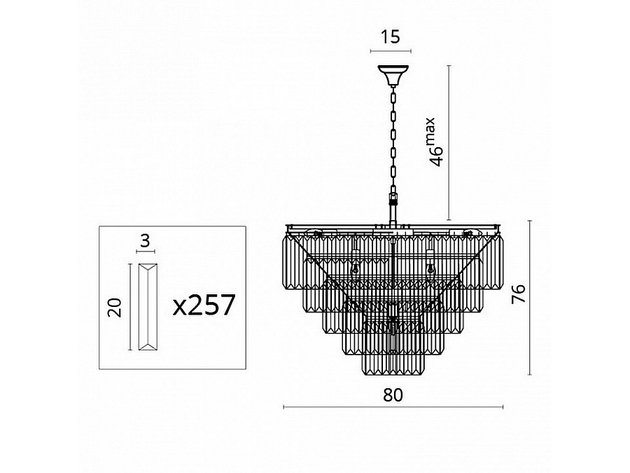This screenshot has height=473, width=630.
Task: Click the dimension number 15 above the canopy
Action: pyautogui.click(x=391, y=36)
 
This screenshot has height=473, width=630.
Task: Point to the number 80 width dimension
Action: pyautogui.click(x=393, y=395)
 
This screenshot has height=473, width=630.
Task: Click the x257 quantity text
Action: pyautogui.click(x=204, y=305)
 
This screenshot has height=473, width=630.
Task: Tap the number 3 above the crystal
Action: pyautogui.click(x=145, y=240)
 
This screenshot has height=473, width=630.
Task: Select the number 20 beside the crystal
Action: pyautogui.click(x=115, y=308)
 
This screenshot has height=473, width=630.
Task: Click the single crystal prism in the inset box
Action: pyautogui.click(x=148, y=307)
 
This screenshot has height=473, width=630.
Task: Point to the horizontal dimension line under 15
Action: pyautogui.click(x=391, y=51)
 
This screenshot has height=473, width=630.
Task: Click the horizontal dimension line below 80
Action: pyautogui.click(x=393, y=407)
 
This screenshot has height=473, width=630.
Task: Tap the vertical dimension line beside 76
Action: pyautogui.click(x=530, y=298)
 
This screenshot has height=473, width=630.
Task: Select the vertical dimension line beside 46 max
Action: pyautogui.click(x=449, y=143)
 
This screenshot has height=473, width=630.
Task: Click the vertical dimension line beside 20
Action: pyautogui.click(x=130, y=307)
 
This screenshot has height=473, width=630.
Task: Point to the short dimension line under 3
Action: pyautogui.click(x=146, y=252)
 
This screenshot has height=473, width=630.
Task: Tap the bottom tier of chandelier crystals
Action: pyautogui.click(x=393, y=364)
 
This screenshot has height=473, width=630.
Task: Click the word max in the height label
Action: pyautogui.click(x=430, y=131)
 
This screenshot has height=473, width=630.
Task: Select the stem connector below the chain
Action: pyautogui.click(x=393, y=208)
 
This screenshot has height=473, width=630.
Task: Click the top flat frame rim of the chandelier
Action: pyautogui.click(x=393, y=226)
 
